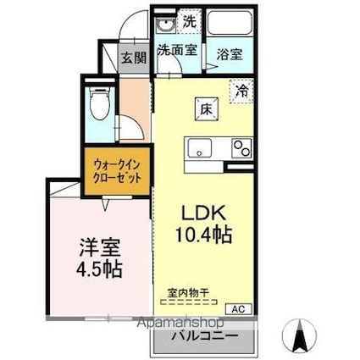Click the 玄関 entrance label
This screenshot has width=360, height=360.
[x=131, y=58]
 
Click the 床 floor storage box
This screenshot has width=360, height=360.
[x=204, y=108]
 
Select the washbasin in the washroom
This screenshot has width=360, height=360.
[x=164, y=24]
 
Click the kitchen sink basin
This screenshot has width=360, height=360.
[x=199, y=148]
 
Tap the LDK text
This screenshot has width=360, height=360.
[x=203, y=213]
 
